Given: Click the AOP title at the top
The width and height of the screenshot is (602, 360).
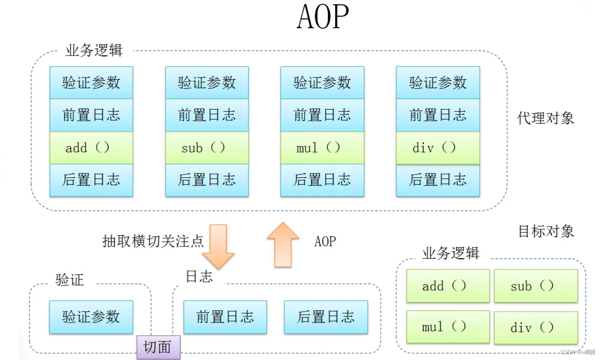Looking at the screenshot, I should pyautogui.click(x=323, y=18).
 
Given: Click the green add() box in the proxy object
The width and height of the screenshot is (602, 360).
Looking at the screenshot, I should pyautogui.click(x=91, y=148).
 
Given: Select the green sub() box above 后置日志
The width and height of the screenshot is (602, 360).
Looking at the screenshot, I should pyautogui.click(x=207, y=148).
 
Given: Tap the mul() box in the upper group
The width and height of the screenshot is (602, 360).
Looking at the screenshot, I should pyautogui.click(x=322, y=148).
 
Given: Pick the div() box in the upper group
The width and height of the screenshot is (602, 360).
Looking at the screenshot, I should pyautogui.click(x=437, y=148).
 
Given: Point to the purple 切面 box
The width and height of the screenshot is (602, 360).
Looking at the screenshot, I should pyautogui.click(x=158, y=347).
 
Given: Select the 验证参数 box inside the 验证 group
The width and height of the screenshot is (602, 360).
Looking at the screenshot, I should pyautogui.click(x=91, y=317).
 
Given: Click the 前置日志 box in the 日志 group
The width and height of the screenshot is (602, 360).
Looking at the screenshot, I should pyautogui.click(x=225, y=317).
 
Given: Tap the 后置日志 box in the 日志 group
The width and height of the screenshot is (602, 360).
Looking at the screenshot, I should pyautogui.click(x=326, y=317).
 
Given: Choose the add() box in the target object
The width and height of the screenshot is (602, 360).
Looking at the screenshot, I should pyautogui.click(x=448, y=286).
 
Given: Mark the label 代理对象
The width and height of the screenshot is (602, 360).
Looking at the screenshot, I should pyautogui.click(x=546, y=118).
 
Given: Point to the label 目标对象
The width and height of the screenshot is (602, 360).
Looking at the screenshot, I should pyautogui.click(x=546, y=231).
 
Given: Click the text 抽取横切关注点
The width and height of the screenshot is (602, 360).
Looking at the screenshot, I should pyautogui.click(x=152, y=241).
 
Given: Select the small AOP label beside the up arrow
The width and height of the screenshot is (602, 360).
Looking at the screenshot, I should pyautogui.click(x=325, y=241).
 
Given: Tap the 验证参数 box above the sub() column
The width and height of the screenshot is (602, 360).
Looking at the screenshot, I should pyautogui.click(x=207, y=83).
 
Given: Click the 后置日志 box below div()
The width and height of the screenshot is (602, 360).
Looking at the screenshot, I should pyautogui.click(x=437, y=180).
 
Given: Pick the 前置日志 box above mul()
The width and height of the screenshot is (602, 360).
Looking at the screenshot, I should pyautogui.click(x=322, y=115).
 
